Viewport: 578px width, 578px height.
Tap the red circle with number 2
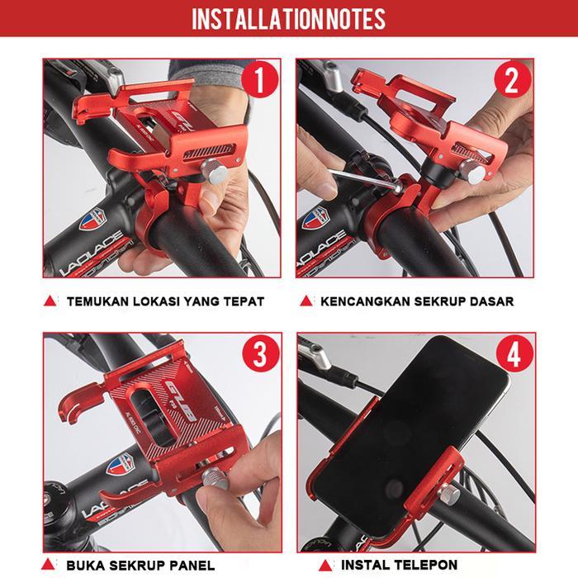(x=512, y=81)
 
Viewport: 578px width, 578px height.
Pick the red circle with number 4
(x=512, y=355)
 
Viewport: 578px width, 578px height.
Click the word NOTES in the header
(x=354, y=19)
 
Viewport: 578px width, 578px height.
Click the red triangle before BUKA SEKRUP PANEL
(x=50, y=565)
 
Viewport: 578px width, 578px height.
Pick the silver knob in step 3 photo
(x=214, y=479)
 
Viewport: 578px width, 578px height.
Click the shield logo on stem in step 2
(x=314, y=218)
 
